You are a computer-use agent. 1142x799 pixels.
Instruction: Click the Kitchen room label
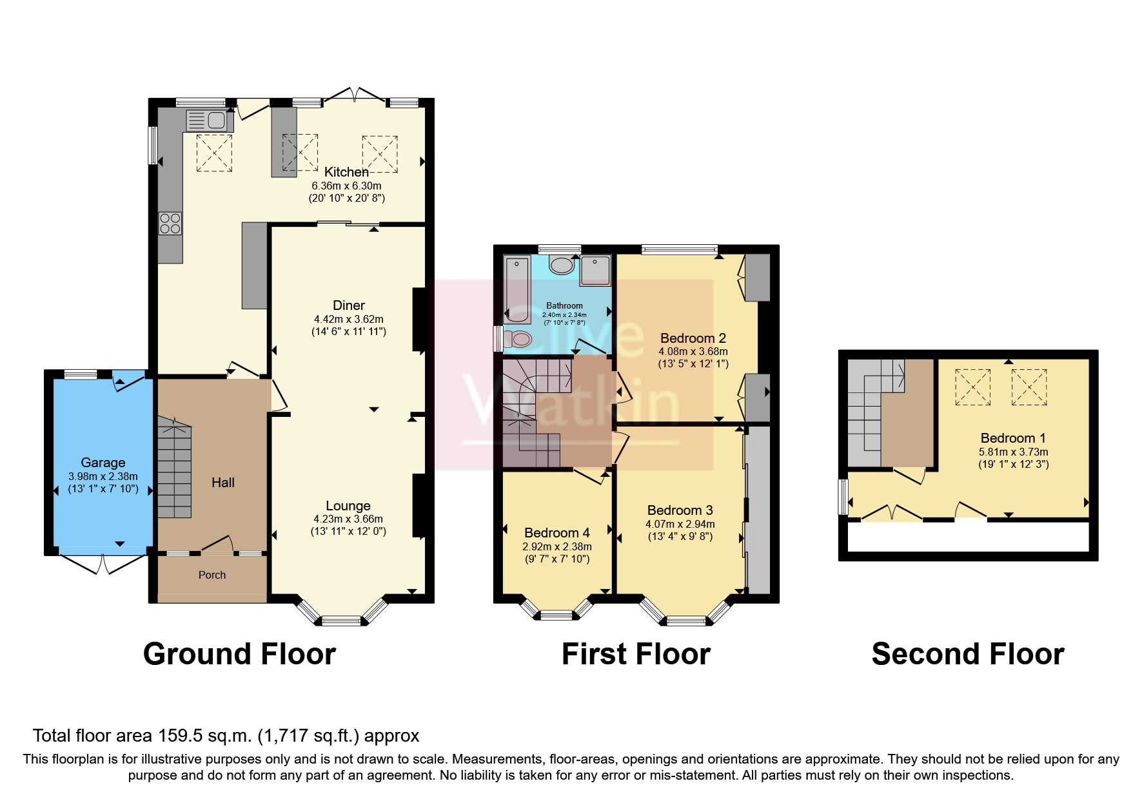coord(346,172)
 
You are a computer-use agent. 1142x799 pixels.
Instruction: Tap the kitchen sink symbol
coord(206,120)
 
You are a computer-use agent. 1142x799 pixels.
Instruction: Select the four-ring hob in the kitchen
coord(171,223)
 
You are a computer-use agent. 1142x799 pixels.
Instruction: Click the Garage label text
coord(103,463)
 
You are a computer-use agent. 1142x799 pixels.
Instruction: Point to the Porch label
coord(212,575)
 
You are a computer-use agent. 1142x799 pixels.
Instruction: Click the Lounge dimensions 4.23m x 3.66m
coord(348,519)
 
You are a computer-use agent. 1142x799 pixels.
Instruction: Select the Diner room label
coord(349,305)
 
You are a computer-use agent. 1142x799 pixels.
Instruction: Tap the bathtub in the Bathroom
coord(517,289)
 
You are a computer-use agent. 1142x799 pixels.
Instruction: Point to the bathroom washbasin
coord(561,265)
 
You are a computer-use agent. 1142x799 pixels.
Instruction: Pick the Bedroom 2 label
coord(693,338)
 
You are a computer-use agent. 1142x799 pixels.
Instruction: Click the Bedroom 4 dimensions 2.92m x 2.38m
coord(557,546)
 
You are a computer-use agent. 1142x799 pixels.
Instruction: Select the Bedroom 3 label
coord(680,510)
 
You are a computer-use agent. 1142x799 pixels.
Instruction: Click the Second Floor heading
coord(967,654)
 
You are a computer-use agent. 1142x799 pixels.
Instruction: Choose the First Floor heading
coord(636,654)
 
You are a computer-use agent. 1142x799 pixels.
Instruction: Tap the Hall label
coord(223,483)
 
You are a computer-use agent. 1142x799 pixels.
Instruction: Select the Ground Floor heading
coord(239,654)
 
